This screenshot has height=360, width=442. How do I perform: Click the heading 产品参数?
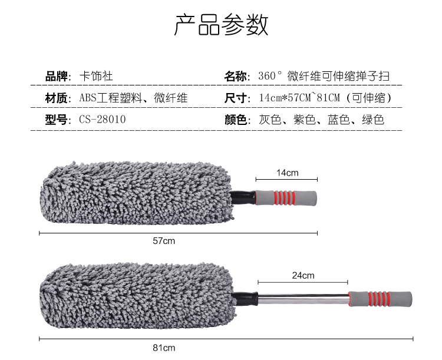tap(221, 24)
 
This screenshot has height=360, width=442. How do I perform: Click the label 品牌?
tap(58, 77)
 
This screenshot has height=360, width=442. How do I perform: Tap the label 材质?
tap(58, 98)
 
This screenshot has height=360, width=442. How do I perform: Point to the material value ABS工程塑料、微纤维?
tap(133, 98)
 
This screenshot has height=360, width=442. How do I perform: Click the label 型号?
tap(58, 120)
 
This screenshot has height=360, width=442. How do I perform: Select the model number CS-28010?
tap(103, 120)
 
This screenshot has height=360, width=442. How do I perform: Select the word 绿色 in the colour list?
tap(372, 120)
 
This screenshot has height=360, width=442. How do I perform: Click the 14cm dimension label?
tap(288, 173)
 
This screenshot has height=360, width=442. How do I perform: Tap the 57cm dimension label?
tap(164, 240)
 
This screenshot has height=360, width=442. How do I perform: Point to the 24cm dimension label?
tap(303, 275)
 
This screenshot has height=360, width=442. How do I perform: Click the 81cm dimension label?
tap(164, 348)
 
